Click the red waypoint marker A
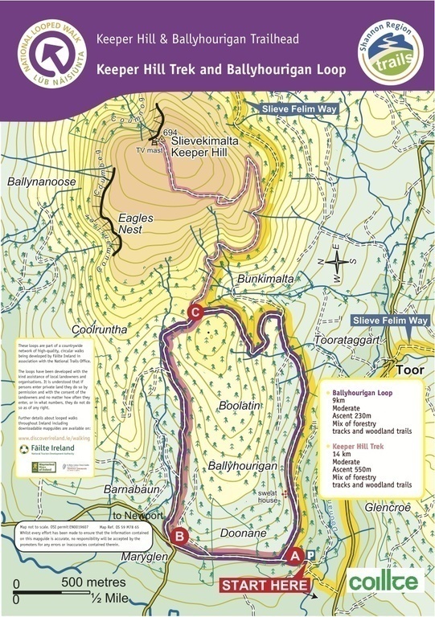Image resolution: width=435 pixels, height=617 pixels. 294,554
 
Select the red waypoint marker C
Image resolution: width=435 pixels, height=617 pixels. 195,313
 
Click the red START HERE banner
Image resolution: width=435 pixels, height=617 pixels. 265,585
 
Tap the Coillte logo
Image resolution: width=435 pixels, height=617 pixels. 385,580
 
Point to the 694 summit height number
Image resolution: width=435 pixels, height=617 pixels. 169,133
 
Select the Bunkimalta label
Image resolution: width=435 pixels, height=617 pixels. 264,278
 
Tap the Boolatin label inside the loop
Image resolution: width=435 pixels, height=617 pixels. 243,408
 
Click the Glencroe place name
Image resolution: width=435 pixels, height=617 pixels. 386,508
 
